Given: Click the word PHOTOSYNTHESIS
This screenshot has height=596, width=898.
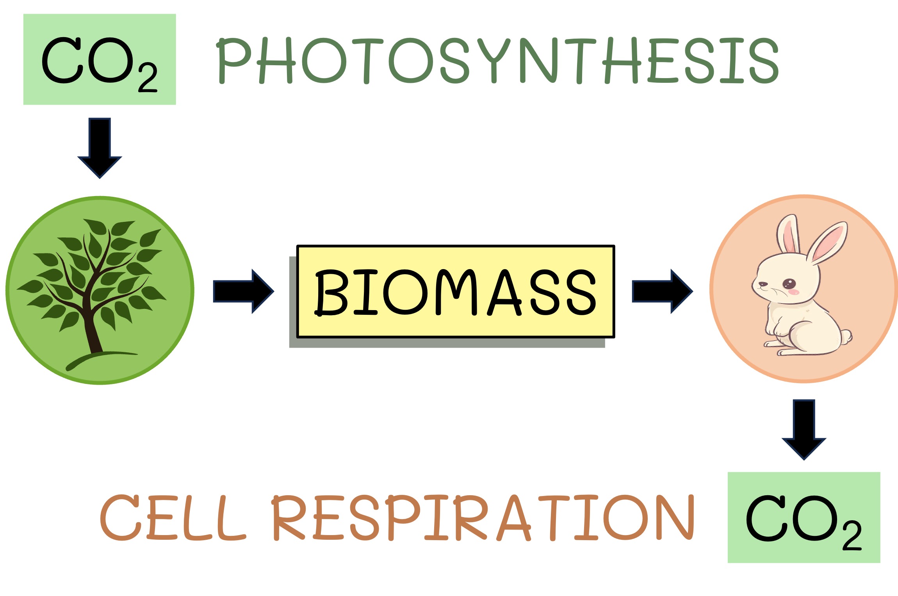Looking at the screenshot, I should pyautogui.click(x=498, y=61).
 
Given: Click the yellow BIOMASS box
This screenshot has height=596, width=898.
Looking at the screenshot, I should pyautogui.click(x=455, y=291).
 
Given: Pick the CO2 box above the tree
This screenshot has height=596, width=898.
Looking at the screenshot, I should pyautogui.click(x=100, y=59).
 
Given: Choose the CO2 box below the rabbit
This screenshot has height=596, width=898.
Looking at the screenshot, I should pyautogui.click(x=804, y=517).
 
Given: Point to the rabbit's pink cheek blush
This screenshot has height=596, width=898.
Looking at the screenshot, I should pyautogui.click(x=794, y=292).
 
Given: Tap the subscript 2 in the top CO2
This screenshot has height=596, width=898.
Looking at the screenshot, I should pyautogui.click(x=148, y=78).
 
